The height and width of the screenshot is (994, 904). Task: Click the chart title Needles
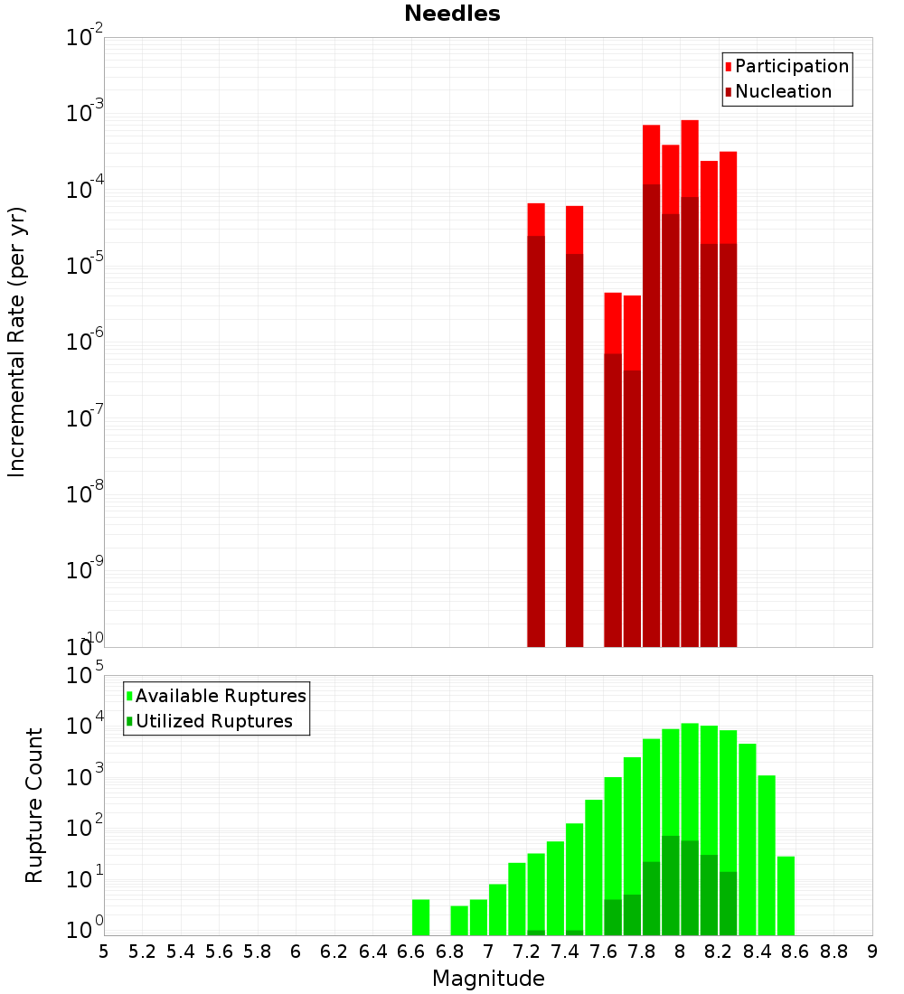point(452,14)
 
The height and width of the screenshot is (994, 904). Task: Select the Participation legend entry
point(791,66)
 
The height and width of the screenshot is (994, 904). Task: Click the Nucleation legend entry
point(782,91)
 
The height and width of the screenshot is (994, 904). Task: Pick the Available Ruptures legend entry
point(220,696)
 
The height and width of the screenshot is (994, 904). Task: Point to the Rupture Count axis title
point(34,805)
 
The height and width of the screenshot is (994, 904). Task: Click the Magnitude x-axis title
point(488,979)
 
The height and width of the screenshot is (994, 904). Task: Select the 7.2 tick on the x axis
point(526,951)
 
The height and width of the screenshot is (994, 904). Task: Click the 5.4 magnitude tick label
point(181,951)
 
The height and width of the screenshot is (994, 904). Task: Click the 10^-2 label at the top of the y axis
point(86,38)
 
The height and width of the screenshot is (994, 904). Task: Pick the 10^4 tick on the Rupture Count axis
point(86,727)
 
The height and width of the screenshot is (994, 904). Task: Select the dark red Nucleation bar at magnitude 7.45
point(574,452)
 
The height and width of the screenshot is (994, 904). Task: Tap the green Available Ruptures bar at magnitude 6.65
point(420,916)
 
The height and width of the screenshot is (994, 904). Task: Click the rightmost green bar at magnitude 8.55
point(786,895)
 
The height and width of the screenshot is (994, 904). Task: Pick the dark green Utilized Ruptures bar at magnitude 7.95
point(671,886)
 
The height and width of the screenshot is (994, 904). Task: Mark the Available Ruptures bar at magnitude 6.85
point(459,920)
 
